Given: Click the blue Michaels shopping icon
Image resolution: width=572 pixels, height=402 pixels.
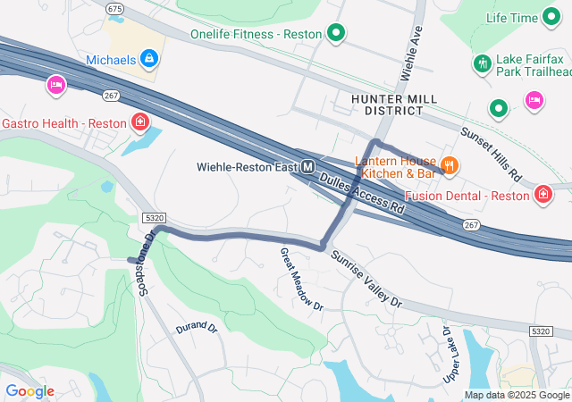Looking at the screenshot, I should [x=148, y=59].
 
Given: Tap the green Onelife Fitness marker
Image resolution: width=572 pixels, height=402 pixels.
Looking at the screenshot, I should [x=336, y=34].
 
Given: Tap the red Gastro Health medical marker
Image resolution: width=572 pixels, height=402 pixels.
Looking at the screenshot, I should [x=139, y=121].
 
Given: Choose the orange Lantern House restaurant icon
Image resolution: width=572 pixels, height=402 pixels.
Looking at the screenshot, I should [x=450, y=165].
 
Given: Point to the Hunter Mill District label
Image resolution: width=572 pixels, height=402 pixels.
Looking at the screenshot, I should [x=387, y=104].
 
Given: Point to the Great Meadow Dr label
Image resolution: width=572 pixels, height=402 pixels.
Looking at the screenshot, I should [x=301, y=278].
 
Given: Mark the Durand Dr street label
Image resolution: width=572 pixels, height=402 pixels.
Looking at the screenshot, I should [x=197, y=328].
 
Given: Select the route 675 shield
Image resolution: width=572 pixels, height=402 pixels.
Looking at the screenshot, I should [x=114, y=8].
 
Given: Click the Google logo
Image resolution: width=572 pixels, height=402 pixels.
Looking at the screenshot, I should [x=29, y=391].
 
